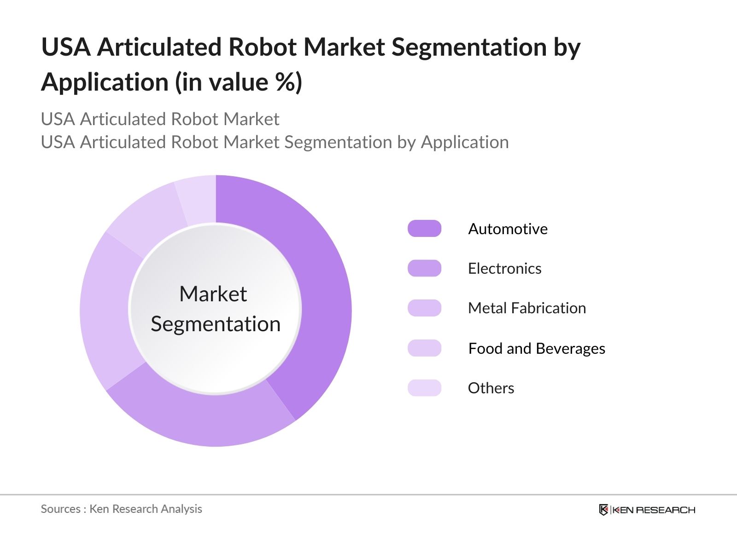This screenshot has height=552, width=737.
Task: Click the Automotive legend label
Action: point(508,229)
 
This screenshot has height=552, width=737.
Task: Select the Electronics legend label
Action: point(504,268)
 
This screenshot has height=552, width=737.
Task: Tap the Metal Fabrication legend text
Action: point(526,308)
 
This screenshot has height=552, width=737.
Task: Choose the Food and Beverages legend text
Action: point(536,348)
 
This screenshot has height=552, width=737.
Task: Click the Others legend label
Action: point(491,388)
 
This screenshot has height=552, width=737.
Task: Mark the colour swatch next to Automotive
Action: point(424,229)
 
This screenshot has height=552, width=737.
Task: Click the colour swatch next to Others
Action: point(424,388)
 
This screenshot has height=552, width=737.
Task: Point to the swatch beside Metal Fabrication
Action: point(424,308)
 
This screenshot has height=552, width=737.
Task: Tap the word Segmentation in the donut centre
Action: point(216,324)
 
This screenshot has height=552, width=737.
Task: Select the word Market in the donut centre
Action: point(213,294)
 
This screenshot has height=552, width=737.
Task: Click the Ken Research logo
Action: point(647,510)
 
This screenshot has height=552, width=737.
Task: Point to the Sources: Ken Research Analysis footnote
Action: point(121,509)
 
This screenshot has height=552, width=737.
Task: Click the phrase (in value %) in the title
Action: point(238,82)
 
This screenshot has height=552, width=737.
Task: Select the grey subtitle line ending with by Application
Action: point(275,142)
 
